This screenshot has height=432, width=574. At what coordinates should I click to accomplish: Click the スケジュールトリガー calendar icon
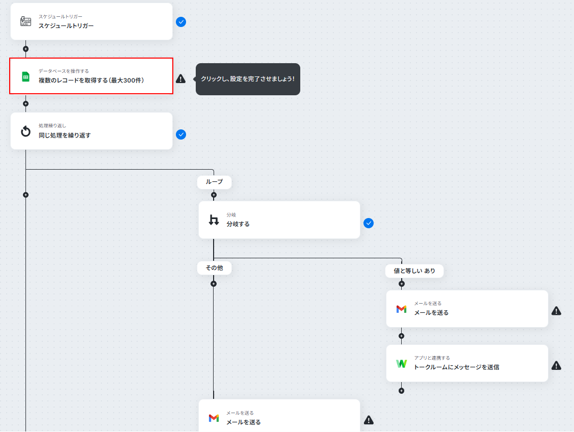(x=25, y=21)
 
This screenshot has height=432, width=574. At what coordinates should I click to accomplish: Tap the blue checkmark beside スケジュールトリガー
(x=181, y=22)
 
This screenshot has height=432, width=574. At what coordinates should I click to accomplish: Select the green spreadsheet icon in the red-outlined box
(x=25, y=77)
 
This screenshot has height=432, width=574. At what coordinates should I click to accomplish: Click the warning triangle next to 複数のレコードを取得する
(x=181, y=78)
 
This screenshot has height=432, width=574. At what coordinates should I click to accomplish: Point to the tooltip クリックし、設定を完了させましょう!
(x=248, y=79)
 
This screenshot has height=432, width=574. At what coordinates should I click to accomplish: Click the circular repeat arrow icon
(x=25, y=131)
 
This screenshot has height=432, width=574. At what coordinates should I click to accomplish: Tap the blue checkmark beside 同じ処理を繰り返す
(x=181, y=134)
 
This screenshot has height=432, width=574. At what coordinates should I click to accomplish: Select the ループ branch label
(x=214, y=182)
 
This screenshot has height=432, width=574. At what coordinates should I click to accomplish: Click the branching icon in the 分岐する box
(x=214, y=220)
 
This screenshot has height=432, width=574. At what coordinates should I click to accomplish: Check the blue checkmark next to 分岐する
(x=369, y=223)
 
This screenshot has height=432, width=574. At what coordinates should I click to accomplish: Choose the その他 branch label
(x=214, y=268)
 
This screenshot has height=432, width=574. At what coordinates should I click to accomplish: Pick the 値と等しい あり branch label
(x=414, y=271)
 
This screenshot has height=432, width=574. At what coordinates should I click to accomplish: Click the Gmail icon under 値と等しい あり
(x=401, y=309)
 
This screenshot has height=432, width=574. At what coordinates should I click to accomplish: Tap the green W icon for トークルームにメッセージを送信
(x=402, y=364)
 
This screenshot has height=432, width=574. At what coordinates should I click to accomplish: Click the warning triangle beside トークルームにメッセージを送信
(x=557, y=365)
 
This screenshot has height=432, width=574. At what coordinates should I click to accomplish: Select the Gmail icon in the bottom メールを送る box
(x=214, y=418)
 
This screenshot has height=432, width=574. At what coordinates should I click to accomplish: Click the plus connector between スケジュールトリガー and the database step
(x=25, y=48)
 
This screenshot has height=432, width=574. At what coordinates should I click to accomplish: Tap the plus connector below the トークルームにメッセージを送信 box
(x=402, y=391)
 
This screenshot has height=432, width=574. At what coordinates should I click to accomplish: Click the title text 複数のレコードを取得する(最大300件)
(x=91, y=80)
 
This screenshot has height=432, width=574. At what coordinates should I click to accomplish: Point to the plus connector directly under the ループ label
(x=214, y=195)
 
